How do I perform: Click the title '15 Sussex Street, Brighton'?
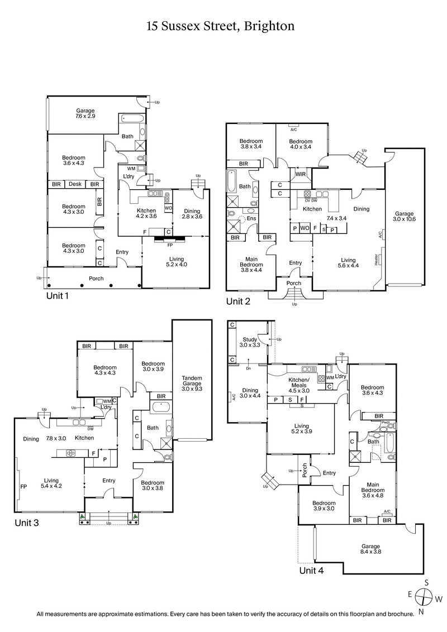[220, 26]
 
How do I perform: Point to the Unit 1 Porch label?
[96, 278]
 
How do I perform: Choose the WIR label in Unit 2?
[299, 174]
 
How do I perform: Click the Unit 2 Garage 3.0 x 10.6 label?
[405, 217]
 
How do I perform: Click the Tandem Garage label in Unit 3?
[192, 384]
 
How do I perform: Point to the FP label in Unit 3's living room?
[23, 486]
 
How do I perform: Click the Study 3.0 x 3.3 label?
[250, 342]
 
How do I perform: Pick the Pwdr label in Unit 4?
[385, 423]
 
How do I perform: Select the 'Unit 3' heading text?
[29, 523]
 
